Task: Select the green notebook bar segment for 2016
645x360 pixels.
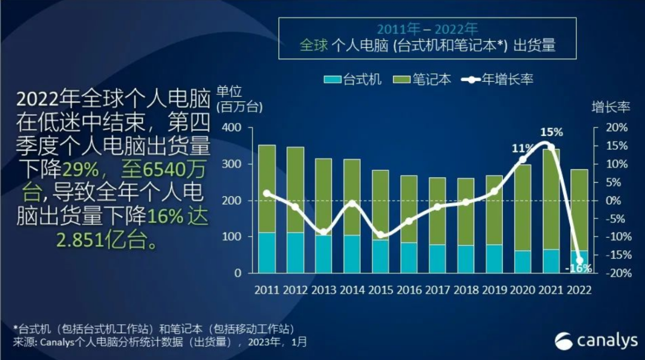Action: click(409, 209)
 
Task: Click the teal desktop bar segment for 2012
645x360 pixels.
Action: click(295, 253)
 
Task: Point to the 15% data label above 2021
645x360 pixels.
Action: click(551, 133)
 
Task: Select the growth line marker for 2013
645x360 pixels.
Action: click(323, 232)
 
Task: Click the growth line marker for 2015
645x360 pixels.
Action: click(380, 235)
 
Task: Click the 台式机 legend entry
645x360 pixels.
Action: click(352, 79)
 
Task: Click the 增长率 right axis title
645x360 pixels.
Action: click(611, 107)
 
